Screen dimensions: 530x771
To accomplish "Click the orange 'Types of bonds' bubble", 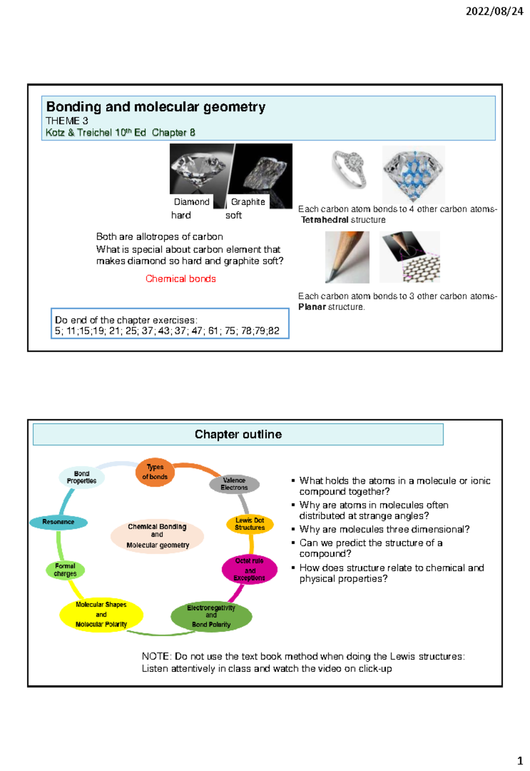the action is (155, 472).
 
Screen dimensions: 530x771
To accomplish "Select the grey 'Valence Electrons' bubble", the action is (234, 484).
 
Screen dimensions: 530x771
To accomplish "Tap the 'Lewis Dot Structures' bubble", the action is (250, 524).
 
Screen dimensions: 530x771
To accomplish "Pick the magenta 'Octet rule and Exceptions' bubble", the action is (250, 569).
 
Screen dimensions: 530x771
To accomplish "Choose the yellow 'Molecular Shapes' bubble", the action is (102, 615).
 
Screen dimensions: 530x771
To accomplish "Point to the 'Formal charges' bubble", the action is (65, 570).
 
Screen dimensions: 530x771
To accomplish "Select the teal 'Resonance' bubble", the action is (58, 522).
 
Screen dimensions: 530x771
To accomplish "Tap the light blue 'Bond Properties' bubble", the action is (82, 477).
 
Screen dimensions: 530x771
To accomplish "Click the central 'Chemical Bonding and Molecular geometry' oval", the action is (157, 536).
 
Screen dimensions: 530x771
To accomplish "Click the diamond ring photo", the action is (349, 170).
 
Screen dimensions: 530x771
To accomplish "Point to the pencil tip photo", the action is (347, 257).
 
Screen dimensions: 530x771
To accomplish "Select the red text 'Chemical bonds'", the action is (181, 279).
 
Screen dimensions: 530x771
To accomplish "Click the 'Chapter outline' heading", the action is (238, 435).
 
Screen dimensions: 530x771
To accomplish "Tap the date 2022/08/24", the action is (494, 11).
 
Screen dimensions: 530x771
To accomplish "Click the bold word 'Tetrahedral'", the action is (325, 220).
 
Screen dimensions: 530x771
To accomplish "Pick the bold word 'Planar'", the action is (312, 307).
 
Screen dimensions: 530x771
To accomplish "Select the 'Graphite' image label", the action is (248, 202).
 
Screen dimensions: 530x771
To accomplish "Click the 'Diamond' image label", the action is (192, 202).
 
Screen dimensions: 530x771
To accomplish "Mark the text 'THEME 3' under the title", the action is (67, 121).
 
